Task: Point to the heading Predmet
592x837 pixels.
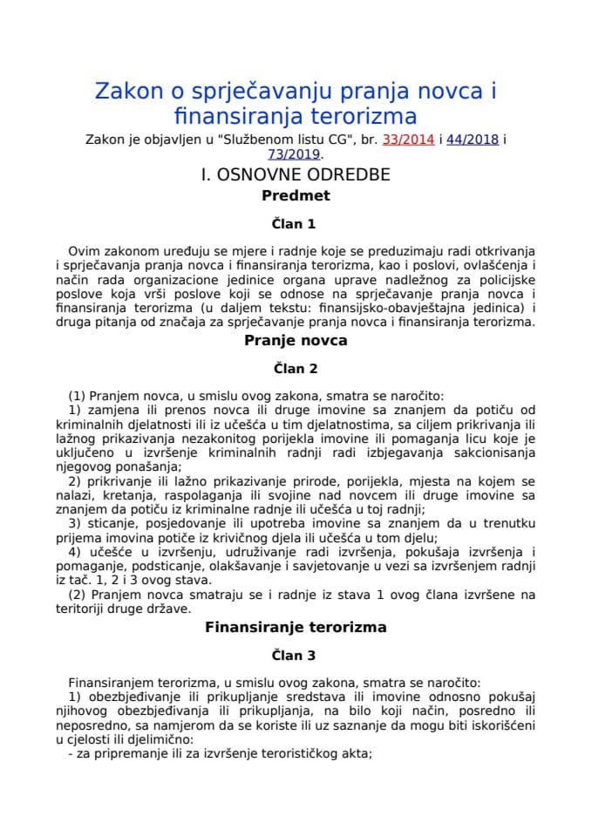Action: point(296,196)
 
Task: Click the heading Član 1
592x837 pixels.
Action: point(296,223)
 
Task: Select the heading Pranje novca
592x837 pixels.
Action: point(296,340)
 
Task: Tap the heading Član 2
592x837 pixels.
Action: point(296,368)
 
